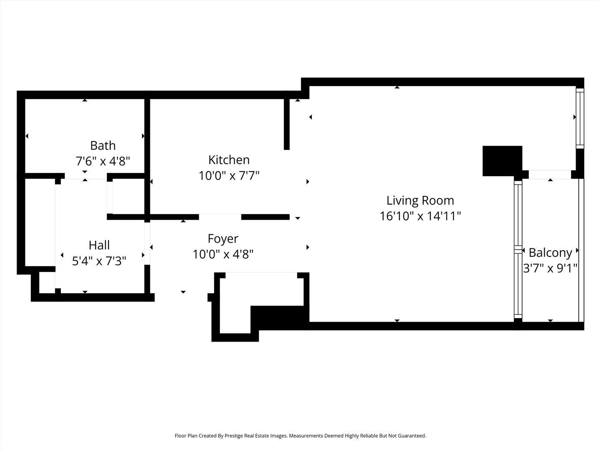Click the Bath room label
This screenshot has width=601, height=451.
point(103,145)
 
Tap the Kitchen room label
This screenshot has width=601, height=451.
point(229,160)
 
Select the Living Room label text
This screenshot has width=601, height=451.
point(420,200)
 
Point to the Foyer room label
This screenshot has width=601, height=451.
point(223,238)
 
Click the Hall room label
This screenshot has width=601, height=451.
point(99,245)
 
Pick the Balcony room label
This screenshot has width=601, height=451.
point(550,253)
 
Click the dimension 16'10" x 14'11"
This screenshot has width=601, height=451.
point(420,216)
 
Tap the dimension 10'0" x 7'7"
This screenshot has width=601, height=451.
point(229,175)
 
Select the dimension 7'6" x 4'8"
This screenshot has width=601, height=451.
point(103,161)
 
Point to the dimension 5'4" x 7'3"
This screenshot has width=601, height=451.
point(99,261)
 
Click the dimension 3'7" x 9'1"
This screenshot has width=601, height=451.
point(550,268)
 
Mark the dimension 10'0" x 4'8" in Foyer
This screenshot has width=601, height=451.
point(223,254)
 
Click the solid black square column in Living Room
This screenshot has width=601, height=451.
point(502,161)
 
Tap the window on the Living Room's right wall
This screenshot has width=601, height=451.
point(580,118)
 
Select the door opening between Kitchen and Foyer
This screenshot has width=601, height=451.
point(220,217)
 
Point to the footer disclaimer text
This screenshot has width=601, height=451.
point(300,436)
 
